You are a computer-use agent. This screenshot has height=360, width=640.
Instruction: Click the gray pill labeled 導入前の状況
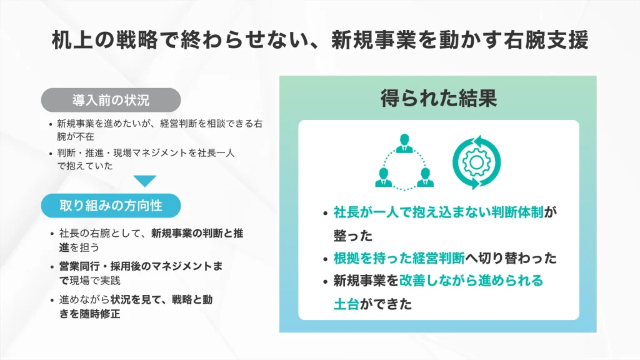(111, 100)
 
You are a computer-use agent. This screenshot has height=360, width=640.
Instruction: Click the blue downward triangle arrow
(145, 181)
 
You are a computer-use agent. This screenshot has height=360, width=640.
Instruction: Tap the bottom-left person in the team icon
(383, 177)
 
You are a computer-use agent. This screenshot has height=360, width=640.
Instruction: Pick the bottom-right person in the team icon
(424, 177)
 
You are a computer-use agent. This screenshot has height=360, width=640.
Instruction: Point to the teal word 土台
(347, 303)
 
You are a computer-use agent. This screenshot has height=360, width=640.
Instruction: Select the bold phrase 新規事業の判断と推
(197, 234)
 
